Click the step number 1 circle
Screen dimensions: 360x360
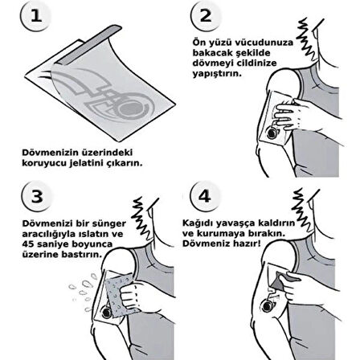pos(35,15)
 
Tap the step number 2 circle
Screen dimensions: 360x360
pos(206,15)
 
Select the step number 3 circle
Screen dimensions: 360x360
pos(37,196)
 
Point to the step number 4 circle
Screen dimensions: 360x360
pos(205,195)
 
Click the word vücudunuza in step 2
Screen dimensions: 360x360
pos(264,43)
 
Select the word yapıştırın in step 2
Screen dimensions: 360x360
pos(217,73)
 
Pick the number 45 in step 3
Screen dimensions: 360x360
pos(28,244)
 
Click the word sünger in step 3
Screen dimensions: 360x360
pos(108,223)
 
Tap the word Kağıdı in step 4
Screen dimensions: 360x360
pos(198,223)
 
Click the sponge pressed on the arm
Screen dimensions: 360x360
pos(120,296)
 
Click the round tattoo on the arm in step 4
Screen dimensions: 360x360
pos(268,306)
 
